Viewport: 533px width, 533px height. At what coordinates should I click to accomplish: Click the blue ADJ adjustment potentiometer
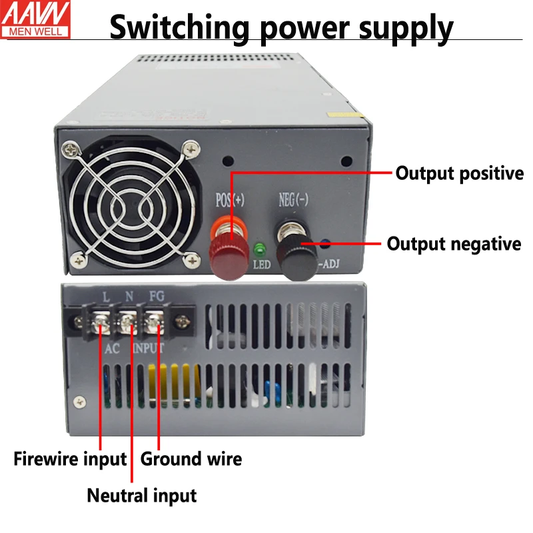click(326, 245)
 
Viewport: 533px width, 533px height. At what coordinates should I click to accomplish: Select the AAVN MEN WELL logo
click(40, 18)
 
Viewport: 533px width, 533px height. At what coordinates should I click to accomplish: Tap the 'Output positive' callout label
click(460, 174)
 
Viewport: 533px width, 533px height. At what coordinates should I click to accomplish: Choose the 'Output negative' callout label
click(454, 244)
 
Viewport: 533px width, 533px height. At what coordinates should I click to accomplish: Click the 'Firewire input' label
click(70, 459)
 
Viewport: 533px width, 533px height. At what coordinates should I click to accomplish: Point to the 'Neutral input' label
click(142, 496)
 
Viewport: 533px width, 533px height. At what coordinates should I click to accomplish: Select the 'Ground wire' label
click(191, 459)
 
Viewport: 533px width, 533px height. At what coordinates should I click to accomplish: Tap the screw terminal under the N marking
click(129, 324)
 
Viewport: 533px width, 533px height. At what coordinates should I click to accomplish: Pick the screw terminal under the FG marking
click(155, 324)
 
